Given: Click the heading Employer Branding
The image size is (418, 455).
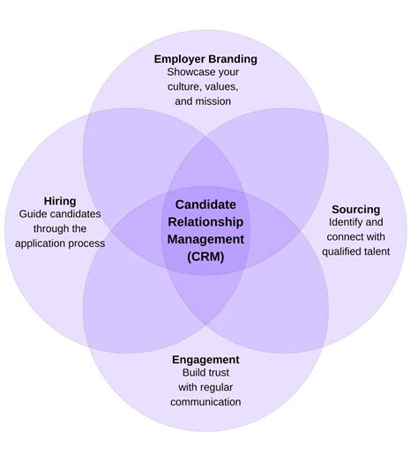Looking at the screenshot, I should (x=205, y=59).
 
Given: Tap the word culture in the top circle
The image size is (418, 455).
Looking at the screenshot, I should (x=183, y=87).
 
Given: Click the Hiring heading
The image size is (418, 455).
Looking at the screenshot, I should (x=60, y=201).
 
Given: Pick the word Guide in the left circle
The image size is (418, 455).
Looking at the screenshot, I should (x=34, y=214).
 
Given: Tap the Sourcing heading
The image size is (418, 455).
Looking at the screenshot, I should (x=355, y=209).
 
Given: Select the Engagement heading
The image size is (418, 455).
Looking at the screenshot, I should (x=205, y=359).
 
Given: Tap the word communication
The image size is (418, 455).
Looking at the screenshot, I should (x=205, y=401).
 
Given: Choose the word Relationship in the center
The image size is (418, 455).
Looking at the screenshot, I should (x=205, y=220).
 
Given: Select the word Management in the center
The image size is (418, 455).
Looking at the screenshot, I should (x=205, y=238).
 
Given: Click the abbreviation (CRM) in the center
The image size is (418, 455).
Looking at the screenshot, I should (x=205, y=256).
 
